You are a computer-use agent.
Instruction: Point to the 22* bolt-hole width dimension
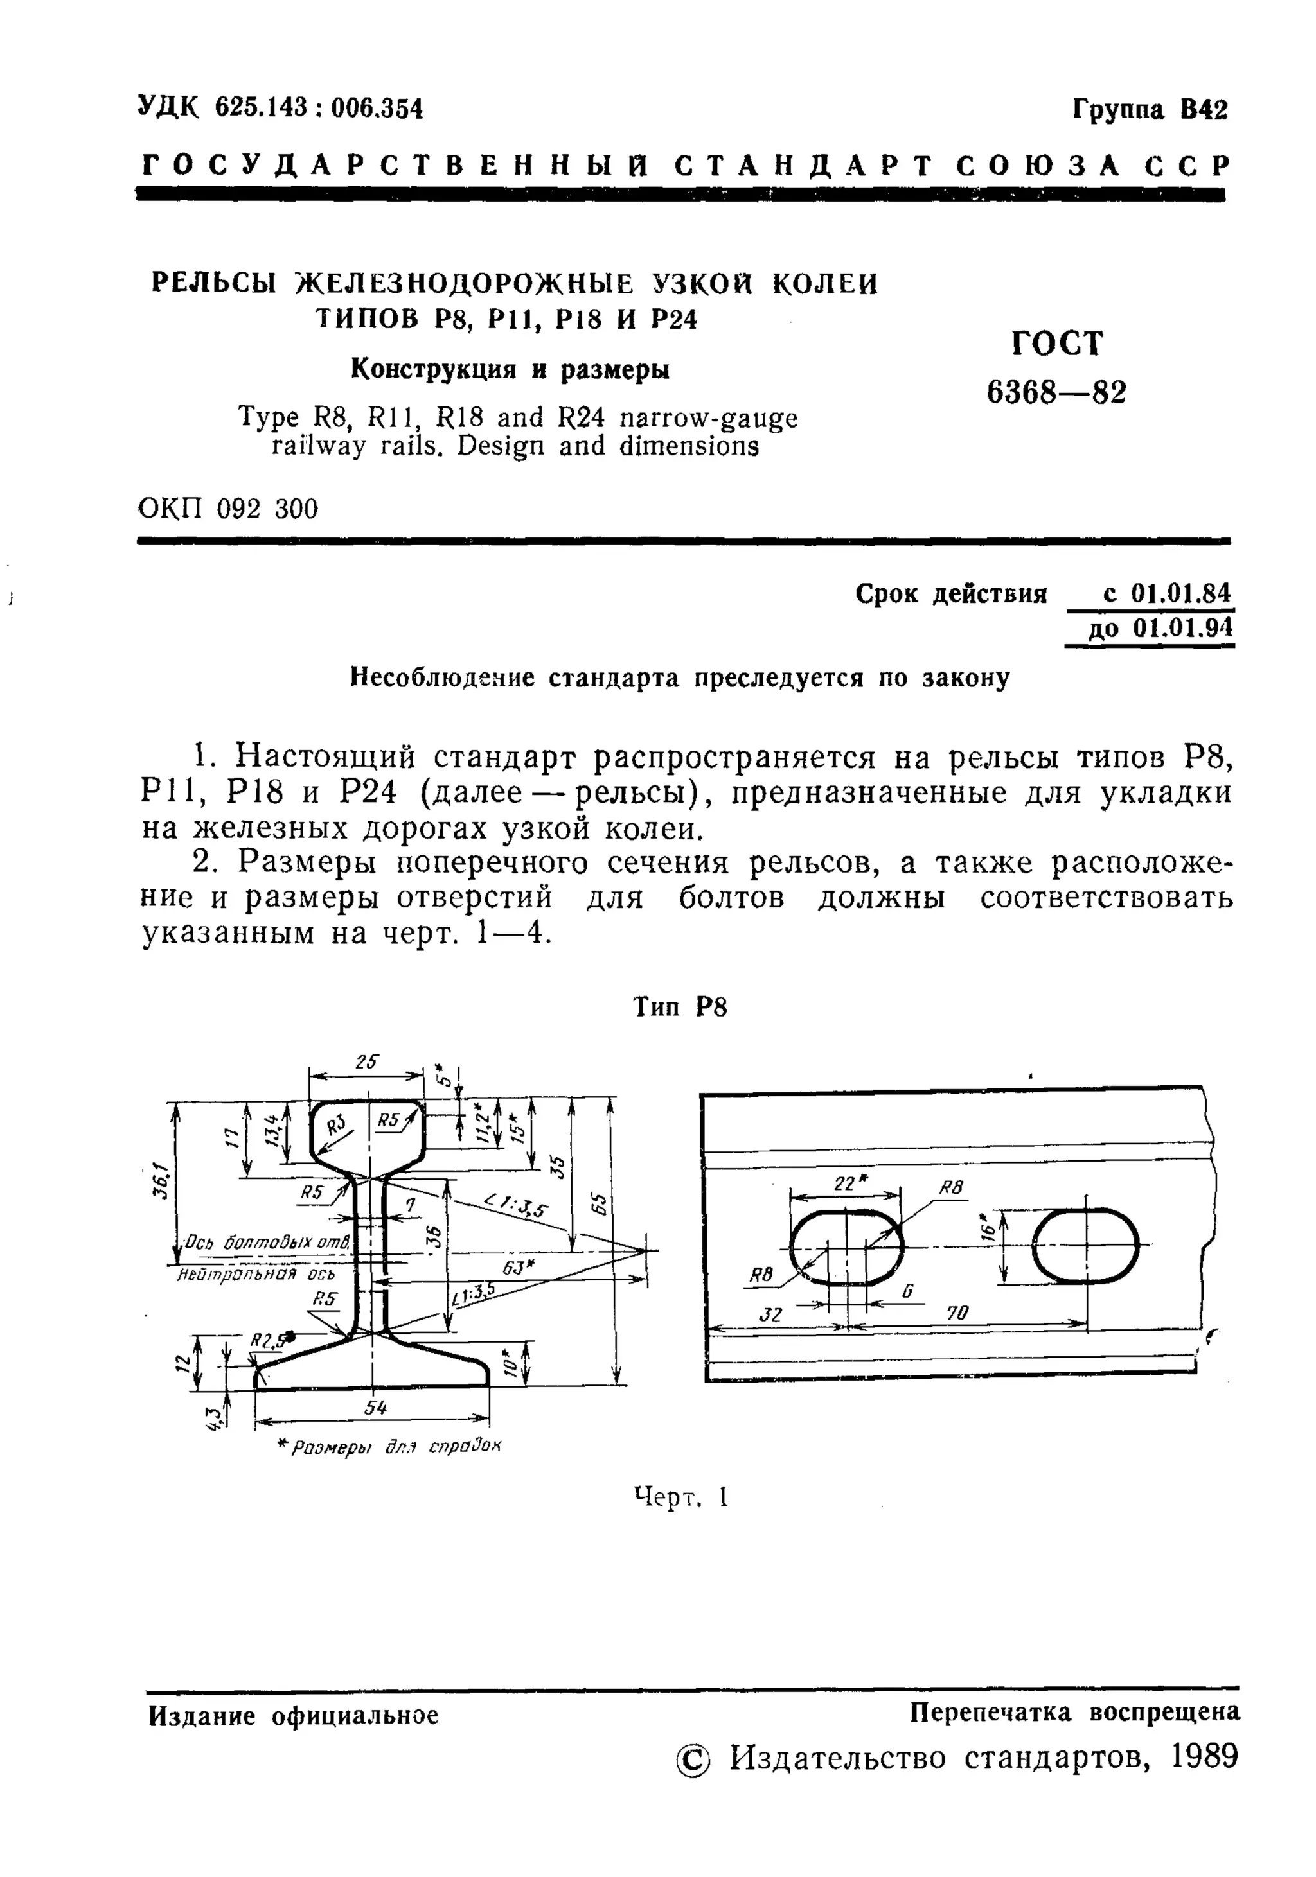point(845,1183)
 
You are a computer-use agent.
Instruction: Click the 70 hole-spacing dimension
point(957,1312)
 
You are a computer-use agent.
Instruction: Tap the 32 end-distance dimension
point(770,1314)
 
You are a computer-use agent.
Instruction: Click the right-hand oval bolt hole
point(1086,1245)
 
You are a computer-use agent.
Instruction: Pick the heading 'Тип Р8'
point(680,1007)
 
